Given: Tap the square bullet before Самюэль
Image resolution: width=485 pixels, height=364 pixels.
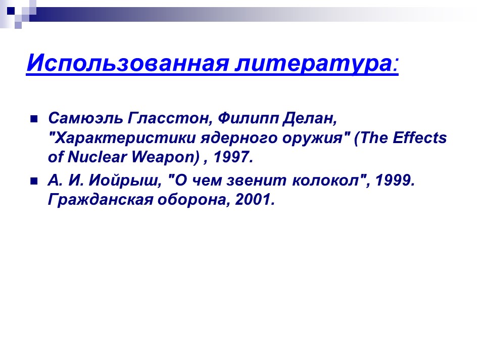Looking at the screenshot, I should click(34, 120).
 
